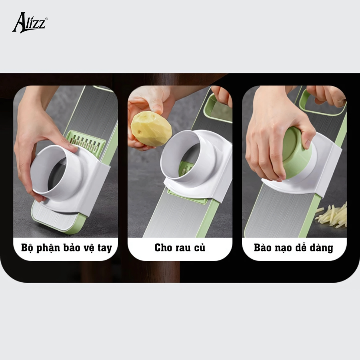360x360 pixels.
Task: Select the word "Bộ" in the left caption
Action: click(27, 248)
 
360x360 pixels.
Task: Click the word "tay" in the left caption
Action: click(105, 248)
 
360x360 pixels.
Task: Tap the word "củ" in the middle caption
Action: click(198, 248)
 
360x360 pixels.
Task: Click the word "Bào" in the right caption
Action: click(263, 248)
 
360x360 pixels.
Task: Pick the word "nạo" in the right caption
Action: click(285, 248)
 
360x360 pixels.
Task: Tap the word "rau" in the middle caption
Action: click(181, 248)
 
